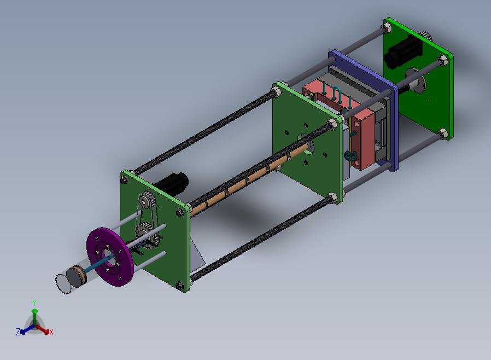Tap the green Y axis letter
(x=34, y=303)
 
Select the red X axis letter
(x=51, y=332)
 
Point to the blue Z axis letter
(x=18, y=332)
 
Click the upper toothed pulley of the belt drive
(x=146, y=199)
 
